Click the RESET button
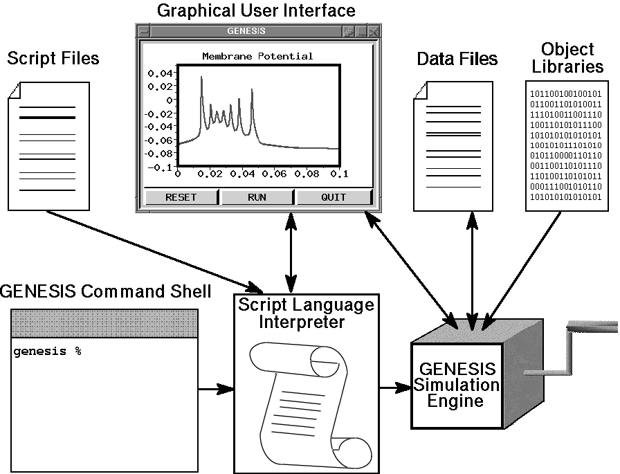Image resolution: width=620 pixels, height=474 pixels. [x=181, y=197]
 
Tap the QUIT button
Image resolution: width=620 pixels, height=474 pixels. [x=334, y=197]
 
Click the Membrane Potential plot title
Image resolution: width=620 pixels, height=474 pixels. [x=257, y=56]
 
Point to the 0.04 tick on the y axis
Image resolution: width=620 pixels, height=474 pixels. [x=161, y=73]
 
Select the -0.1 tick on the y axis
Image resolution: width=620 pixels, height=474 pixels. [x=160, y=167]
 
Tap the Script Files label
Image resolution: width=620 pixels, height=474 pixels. [x=53, y=58]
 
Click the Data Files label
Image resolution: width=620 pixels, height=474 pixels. [x=457, y=59]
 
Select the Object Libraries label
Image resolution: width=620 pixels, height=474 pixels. [x=567, y=58]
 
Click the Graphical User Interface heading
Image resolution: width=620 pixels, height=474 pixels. [x=256, y=11]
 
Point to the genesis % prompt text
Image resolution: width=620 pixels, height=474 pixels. [x=47, y=352]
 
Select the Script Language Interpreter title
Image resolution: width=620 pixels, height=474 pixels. [x=306, y=313]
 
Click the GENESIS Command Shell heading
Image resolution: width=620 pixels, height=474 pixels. [x=105, y=291]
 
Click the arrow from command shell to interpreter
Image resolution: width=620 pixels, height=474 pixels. [x=216, y=389]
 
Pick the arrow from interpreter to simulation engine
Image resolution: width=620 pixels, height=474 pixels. [x=394, y=389]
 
